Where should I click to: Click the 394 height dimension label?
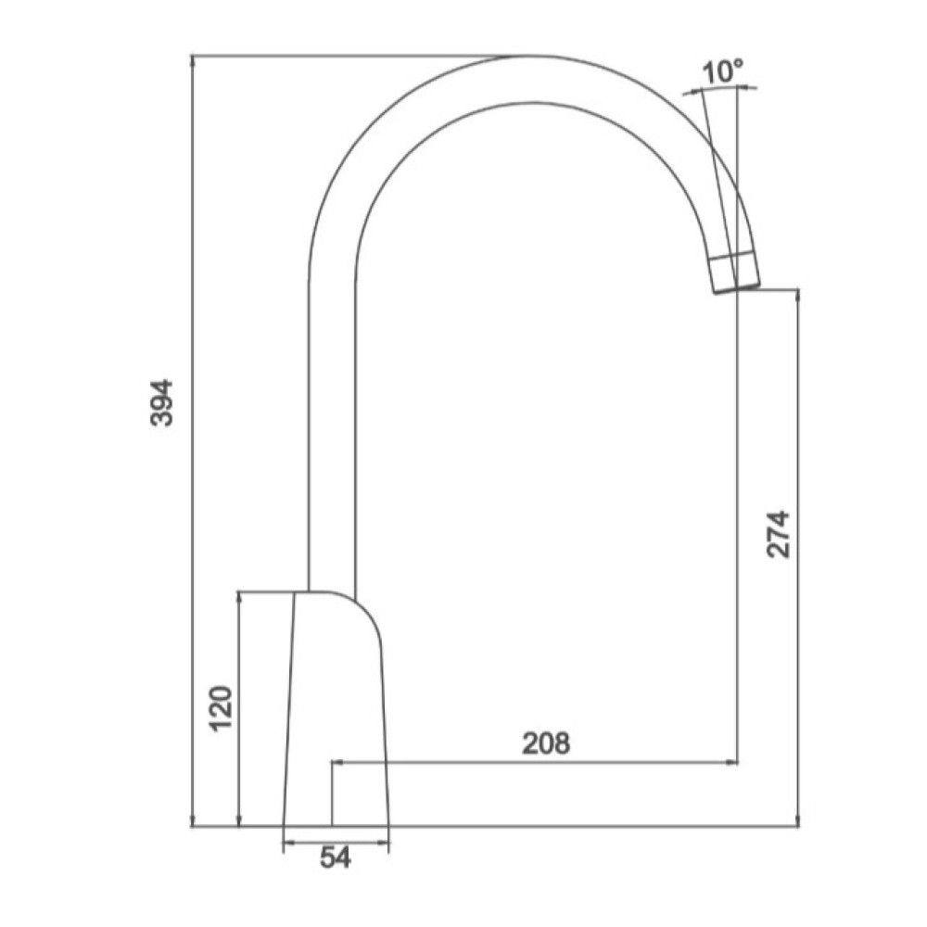[161, 402]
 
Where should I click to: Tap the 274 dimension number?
[778, 535]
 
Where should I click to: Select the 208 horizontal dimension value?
[546, 743]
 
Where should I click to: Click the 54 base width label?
[336, 857]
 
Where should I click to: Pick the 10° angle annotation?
[722, 72]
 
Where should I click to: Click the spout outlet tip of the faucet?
[736, 288]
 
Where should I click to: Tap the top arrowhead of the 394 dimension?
[192, 59]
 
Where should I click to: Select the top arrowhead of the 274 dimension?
[798, 294]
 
